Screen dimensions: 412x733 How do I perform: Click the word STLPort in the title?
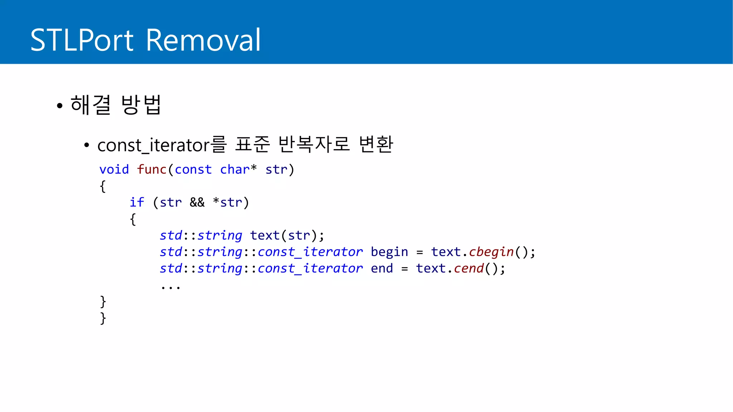coord(82,40)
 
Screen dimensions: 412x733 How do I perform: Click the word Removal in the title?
coord(203,40)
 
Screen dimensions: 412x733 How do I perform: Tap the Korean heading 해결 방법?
coord(116,105)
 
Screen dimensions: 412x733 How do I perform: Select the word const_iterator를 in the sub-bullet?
coord(162,145)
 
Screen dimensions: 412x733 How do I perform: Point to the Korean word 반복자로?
coord(314,144)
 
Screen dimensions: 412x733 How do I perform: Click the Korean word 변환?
coord(376,144)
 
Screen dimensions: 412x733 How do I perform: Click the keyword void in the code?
coord(114,170)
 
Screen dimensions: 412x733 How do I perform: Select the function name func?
coord(151,170)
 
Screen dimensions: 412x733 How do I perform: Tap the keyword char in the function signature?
coord(234,170)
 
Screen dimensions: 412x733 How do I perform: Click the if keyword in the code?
coord(137,202)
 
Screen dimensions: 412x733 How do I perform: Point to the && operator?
coord(197,202)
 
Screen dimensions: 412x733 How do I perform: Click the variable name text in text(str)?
coord(264,235)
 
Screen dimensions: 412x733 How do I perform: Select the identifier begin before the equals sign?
coord(389,252)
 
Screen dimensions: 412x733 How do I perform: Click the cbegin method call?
coord(491,252)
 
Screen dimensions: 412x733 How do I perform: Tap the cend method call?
coord(469,268)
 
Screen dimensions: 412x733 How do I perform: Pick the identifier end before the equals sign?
coord(382,268)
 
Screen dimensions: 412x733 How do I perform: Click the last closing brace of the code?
coord(103,318)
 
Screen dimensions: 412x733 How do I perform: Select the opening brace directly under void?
coord(103,186)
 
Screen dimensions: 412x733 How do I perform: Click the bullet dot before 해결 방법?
coord(60,106)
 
